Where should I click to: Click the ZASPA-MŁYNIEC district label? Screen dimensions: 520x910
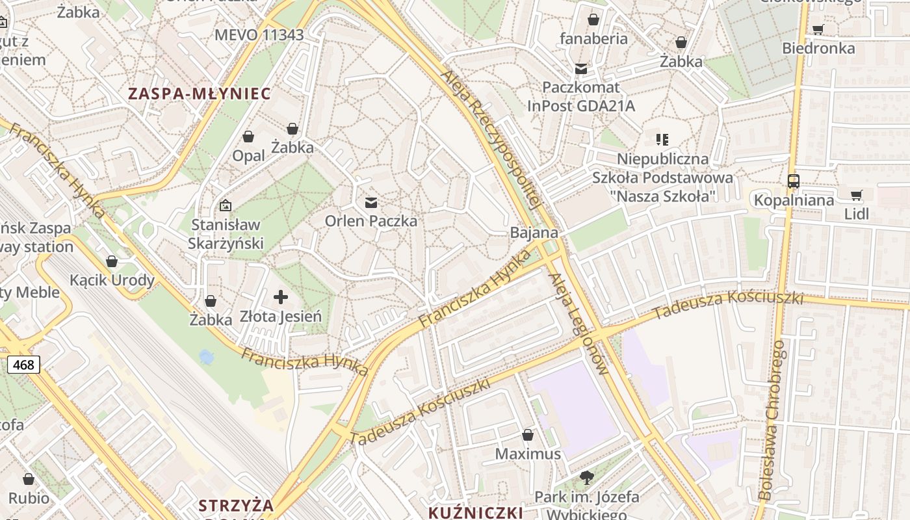[199, 94]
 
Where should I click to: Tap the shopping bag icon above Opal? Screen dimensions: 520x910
[248, 136]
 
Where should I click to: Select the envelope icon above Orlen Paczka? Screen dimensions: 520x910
[371, 203]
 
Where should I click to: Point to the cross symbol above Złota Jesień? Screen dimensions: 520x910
[281, 298]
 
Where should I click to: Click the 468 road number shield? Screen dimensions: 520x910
[23, 365]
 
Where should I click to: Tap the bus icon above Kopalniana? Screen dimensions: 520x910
[793, 181]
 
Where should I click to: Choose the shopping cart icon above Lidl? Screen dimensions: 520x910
[857, 195]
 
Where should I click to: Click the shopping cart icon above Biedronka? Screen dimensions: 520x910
[818, 29]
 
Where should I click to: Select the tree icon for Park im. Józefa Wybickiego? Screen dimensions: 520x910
[586, 478]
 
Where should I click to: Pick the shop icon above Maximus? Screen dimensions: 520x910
[528, 434]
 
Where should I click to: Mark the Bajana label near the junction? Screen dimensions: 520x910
[534, 233]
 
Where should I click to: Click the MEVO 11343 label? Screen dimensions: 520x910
[259, 35]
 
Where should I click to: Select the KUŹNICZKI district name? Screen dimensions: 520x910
[475, 512]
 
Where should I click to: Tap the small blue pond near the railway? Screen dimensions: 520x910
[206, 357]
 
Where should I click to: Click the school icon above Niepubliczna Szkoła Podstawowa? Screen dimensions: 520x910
[662, 139]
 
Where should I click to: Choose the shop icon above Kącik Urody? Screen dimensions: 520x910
[112, 262]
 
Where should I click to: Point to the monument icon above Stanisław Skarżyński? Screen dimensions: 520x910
[225, 205]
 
